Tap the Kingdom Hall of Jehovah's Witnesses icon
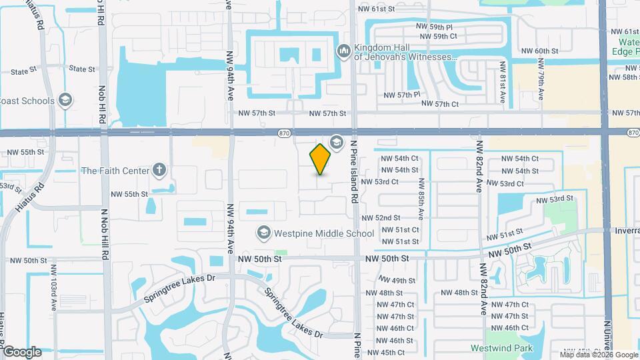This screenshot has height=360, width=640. pos(344,50)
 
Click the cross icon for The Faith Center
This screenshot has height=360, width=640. pos(159,170)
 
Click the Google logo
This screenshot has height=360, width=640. pos(21,351)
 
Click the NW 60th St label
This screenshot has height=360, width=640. pos(539,51)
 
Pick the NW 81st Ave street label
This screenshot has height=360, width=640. pos(503,83)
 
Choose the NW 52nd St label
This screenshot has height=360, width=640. pos(381,218)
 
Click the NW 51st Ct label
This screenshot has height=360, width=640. pos(399,230)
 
